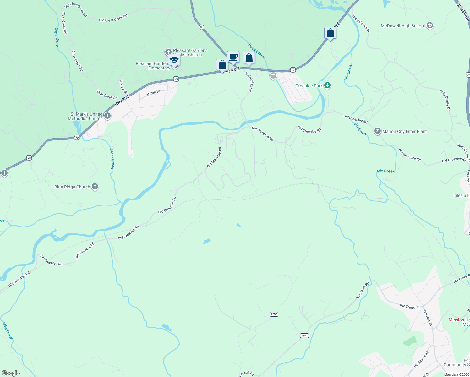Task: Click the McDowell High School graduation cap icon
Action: (430, 26)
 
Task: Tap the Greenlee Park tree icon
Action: (327, 85)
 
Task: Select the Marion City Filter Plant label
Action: (404, 131)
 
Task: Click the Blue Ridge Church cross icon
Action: (95, 187)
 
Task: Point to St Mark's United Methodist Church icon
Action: (107, 116)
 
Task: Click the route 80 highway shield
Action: (201, 27)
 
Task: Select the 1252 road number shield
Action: (274, 314)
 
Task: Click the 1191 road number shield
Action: (304, 336)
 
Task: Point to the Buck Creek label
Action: (257, 51)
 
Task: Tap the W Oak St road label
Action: (153, 93)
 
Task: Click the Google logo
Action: (10, 373)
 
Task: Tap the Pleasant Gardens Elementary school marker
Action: (174, 60)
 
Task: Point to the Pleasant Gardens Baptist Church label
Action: (190, 52)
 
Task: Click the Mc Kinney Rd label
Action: (421, 360)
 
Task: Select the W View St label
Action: (123, 87)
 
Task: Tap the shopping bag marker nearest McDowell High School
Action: (330, 33)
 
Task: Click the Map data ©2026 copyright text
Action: (456, 374)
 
